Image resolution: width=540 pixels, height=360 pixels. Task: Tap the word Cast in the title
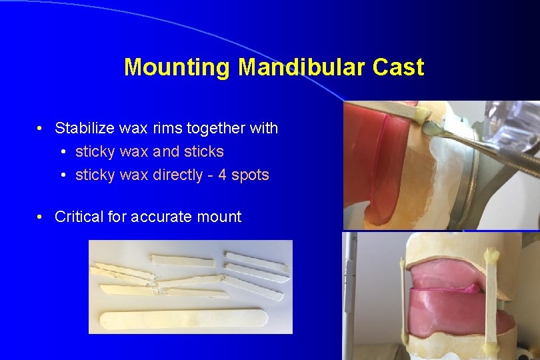pyautogui.click(x=398, y=67)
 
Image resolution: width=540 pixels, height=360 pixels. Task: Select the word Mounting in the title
pyautogui.click(x=177, y=67)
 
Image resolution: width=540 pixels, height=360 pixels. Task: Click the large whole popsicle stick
pyautogui.click(x=184, y=318)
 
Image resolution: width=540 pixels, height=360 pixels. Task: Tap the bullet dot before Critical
pyautogui.click(x=41, y=217)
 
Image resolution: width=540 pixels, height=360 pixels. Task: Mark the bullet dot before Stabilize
pyautogui.click(x=41, y=128)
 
